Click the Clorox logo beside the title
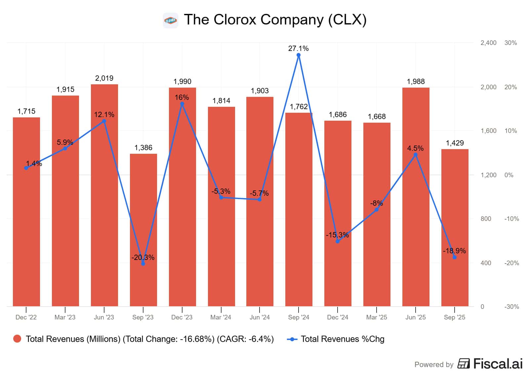(171, 21)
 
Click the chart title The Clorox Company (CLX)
(275, 20)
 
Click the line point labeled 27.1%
(299, 55)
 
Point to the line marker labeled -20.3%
(143, 264)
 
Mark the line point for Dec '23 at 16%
(182, 104)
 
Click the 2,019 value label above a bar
(104, 78)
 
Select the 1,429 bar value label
(455, 143)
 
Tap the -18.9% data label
(454, 251)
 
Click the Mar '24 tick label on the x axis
(221, 317)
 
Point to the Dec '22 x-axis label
(26, 317)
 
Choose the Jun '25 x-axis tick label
(416, 317)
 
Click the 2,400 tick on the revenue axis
(488, 43)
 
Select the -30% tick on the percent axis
(511, 307)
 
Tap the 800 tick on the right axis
(486, 219)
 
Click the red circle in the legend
(17, 339)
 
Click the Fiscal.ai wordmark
(498, 363)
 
